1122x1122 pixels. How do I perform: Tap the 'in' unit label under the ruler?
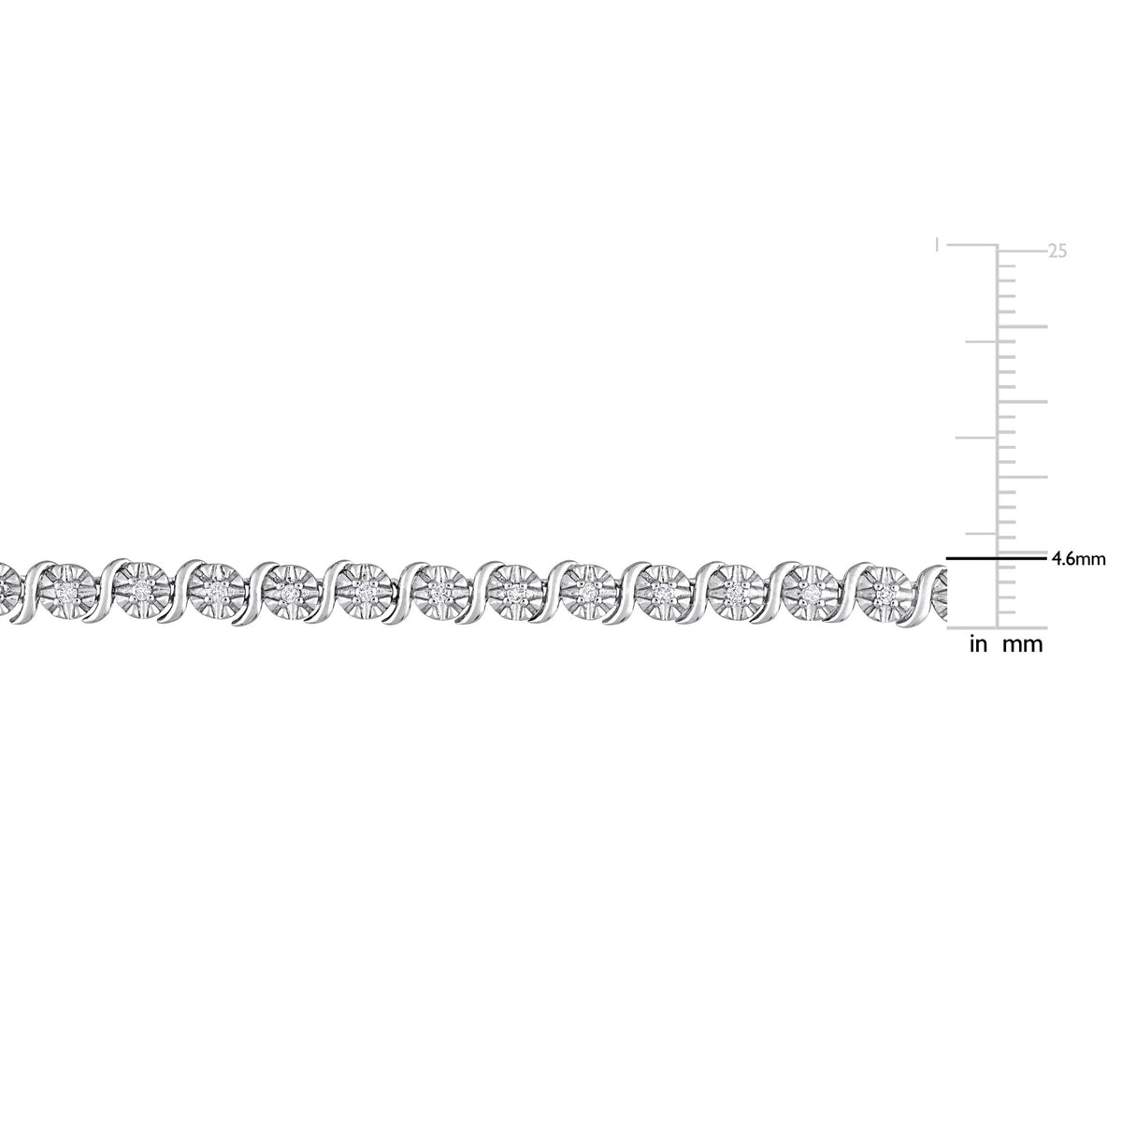click(979, 644)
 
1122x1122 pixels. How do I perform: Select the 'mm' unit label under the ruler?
click(1023, 645)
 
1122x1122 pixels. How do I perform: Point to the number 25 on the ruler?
click(1057, 252)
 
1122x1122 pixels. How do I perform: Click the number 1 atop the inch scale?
click(936, 245)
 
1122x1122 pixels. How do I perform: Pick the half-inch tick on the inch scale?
click(978, 437)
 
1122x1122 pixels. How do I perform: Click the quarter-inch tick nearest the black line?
click(983, 533)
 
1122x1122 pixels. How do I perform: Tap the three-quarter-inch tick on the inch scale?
click(983, 341)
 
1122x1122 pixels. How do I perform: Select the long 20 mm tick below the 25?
click(1023, 326)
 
